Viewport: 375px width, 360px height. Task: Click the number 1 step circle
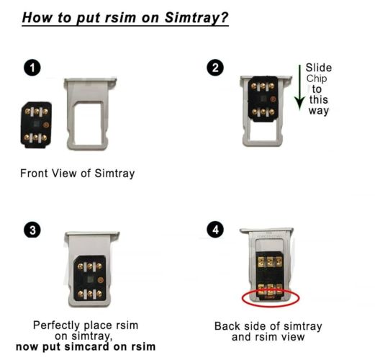(x=32, y=68)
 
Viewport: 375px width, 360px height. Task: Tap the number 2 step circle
(x=215, y=68)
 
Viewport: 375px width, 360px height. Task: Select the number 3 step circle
(x=32, y=230)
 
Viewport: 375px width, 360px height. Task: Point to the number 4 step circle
(x=215, y=230)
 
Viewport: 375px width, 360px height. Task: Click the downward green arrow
(x=299, y=88)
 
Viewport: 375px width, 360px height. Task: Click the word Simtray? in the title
(x=196, y=18)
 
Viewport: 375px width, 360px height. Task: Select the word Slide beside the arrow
(x=319, y=68)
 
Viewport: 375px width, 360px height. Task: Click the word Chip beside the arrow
(x=317, y=79)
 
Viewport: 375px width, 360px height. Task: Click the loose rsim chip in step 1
(x=36, y=125)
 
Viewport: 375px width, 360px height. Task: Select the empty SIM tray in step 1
(x=89, y=114)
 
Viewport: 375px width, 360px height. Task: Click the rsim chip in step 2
(x=263, y=99)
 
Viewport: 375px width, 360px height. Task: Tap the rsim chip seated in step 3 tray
(x=90, y=279)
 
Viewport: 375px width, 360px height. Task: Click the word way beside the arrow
(x=319, y=111)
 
